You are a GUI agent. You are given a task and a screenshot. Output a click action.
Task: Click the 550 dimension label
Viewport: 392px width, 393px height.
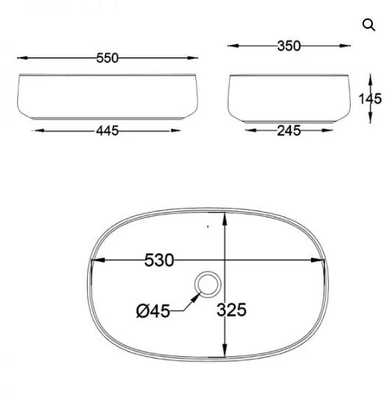(x=107, y=58)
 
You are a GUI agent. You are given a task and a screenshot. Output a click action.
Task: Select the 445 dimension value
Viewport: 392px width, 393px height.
(x=107, y=131)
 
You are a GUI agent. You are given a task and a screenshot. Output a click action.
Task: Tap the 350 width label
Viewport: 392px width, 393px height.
(x=289, y=46)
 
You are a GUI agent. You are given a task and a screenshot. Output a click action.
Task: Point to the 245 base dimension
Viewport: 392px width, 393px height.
(x=289, y=131)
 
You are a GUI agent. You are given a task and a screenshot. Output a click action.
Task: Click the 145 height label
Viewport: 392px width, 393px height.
(x=370, y=99)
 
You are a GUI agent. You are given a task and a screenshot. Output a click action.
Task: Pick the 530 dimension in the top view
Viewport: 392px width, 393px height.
(x=159, y=261)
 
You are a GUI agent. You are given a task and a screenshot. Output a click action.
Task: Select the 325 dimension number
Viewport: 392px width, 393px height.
(x=231, y=310)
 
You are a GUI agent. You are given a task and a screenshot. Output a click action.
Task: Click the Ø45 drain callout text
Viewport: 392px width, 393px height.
(x=153, y=311)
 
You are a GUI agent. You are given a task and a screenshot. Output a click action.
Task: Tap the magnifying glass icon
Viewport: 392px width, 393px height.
(x=369, y=25)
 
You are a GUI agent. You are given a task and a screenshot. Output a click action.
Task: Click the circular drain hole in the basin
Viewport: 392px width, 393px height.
(x=208, y=284)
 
